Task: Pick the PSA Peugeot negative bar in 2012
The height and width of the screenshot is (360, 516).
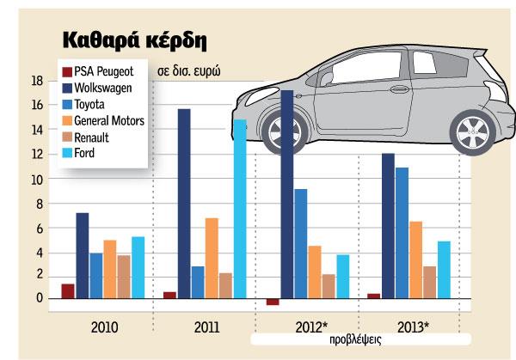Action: point(273,302)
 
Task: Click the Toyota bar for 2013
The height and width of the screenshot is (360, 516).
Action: point(402,233)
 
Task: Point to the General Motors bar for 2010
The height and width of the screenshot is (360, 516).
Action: point(109,269)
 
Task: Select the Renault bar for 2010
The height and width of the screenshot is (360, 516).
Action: point(123,277)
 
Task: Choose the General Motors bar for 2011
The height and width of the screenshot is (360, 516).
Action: point(212,258)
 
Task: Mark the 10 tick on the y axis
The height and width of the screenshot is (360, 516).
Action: point(36,180)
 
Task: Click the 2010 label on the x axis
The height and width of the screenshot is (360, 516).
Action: point(102,327)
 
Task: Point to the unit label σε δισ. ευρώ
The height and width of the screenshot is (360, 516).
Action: point(188,72)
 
